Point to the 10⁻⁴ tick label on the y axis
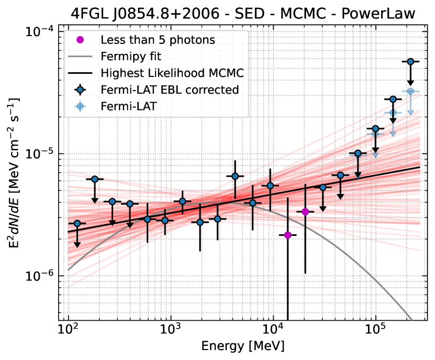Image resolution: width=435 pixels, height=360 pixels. click(41, 31)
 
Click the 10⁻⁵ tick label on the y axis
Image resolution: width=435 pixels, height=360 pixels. click(41, 154)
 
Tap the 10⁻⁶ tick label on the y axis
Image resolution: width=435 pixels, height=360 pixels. click(41, 276)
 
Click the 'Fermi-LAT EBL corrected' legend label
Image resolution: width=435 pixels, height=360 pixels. click(170, 89)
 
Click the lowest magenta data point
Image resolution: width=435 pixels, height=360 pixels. click(288, 235)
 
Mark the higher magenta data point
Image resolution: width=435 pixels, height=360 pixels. click(306, 211)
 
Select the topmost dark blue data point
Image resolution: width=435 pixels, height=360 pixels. click(411, 62)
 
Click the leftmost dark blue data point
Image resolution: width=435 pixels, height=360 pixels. click(77, 223)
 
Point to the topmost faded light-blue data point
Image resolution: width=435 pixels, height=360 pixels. click(411, 92)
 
